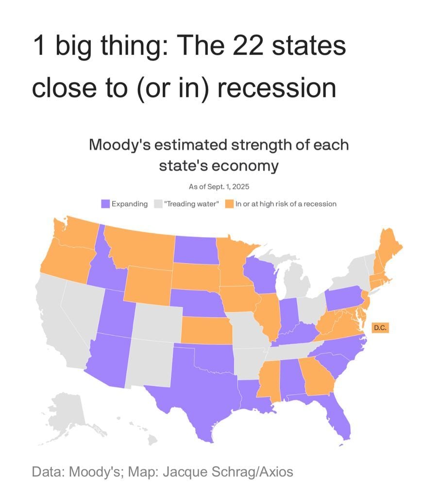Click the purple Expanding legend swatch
pyautogui.click(x=105, y=204)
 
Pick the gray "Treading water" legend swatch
pyautogui.click(x=158, y=204)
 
